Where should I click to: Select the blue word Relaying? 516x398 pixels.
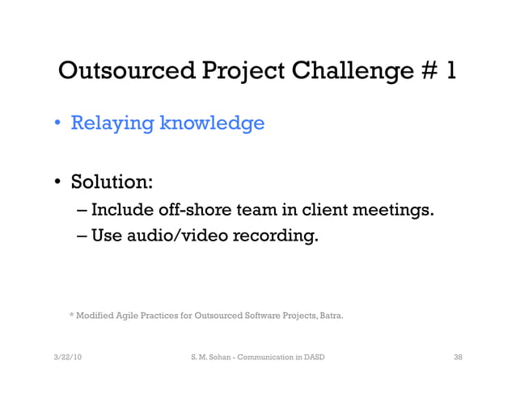[x=112, y=124]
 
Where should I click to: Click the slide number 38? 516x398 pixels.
[x=458, y=356]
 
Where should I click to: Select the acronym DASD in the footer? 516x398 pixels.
[x=314, y=356]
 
